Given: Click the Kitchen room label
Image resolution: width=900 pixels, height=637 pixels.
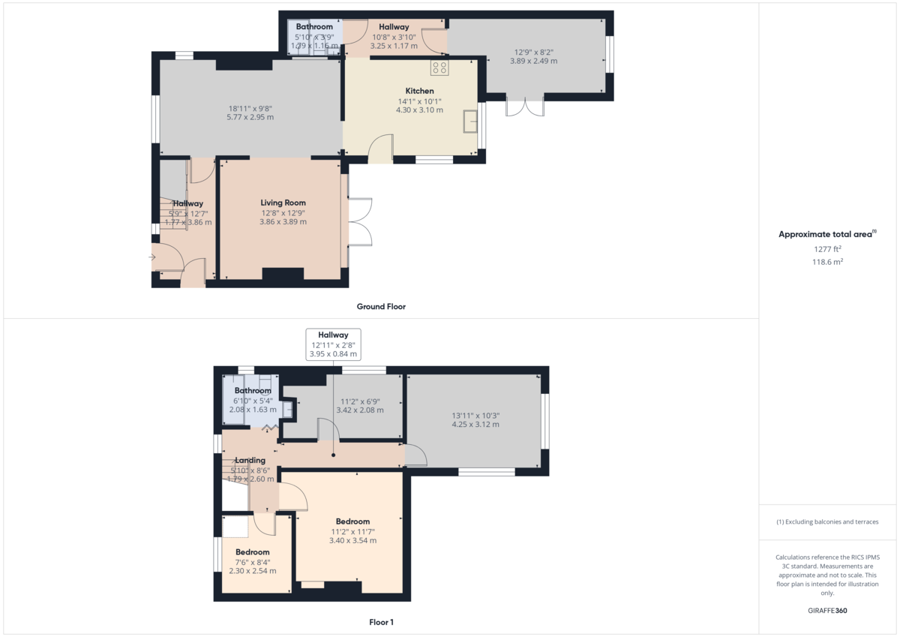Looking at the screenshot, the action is click(419, 91).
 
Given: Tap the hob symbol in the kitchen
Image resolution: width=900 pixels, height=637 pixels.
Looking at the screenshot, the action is click(439, 68).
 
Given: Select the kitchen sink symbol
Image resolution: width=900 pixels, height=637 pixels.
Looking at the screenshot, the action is click(470, 121).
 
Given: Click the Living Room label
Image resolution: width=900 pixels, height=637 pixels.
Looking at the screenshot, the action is click(283, 203).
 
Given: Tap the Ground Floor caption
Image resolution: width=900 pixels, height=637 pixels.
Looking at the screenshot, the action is click(381, 307).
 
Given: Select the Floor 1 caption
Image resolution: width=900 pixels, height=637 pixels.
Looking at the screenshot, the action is click(381, 622).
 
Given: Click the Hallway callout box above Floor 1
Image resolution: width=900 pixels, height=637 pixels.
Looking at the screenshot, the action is click(333, 344).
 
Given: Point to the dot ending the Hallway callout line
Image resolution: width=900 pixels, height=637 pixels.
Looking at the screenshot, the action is click(333, 455).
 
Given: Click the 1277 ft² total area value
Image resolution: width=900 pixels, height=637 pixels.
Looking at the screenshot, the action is click(827, 249).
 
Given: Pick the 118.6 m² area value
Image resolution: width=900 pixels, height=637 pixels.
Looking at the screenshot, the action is click(827, 262).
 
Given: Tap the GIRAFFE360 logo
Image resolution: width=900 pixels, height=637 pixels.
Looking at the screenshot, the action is click(827, 611).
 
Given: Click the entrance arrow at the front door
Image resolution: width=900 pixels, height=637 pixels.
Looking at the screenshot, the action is click(152, 257).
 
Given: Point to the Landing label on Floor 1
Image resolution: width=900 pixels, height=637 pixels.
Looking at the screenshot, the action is click(250, 461).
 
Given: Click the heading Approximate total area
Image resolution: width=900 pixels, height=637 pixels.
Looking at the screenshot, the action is click(827, 234).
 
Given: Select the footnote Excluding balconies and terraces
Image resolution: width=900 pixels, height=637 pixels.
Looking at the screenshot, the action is click(827, 521).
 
